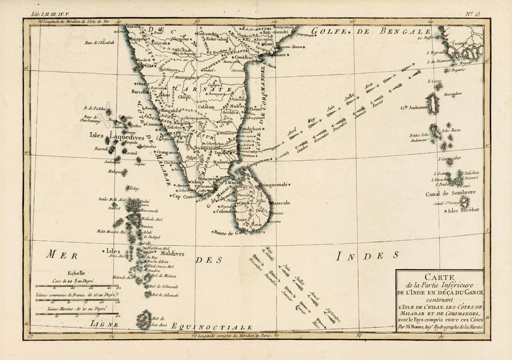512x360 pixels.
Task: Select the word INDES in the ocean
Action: [366, 255]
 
